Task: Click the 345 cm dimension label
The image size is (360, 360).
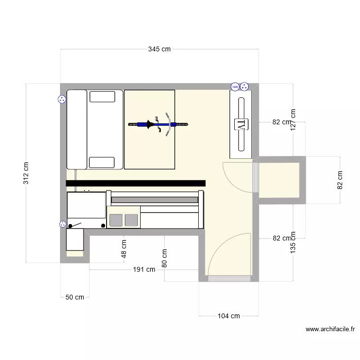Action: pyautogui.click(x=159, y=49)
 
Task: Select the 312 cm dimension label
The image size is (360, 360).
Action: pyautogui.click(x=26, y=173)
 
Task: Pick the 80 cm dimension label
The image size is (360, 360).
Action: pyautogui.click(x=165, y=258)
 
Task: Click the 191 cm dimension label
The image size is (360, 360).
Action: pyautogui.click(x=144, y=270)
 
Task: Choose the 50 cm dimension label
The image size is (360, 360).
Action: pyautogui.click(x=74, y=297)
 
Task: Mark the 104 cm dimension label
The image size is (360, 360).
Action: pyautogui.click(x=228, y=316)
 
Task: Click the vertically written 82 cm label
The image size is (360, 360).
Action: pyautogui.click(x=340, y=180)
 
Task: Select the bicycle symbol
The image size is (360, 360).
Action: pyautogui.click(x=158, y=125)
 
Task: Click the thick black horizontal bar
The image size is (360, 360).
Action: pyautogui.click(x=136, y=183)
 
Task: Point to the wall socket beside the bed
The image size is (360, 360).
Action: pyautogui.click(x=62, y=100)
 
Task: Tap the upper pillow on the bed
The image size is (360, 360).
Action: pyautogui.click(x=102, y=96)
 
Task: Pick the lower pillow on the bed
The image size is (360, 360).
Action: pyautogui.click(x=102, y=162)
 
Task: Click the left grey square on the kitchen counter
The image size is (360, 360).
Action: pyautogui.click(x=116, y=220)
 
